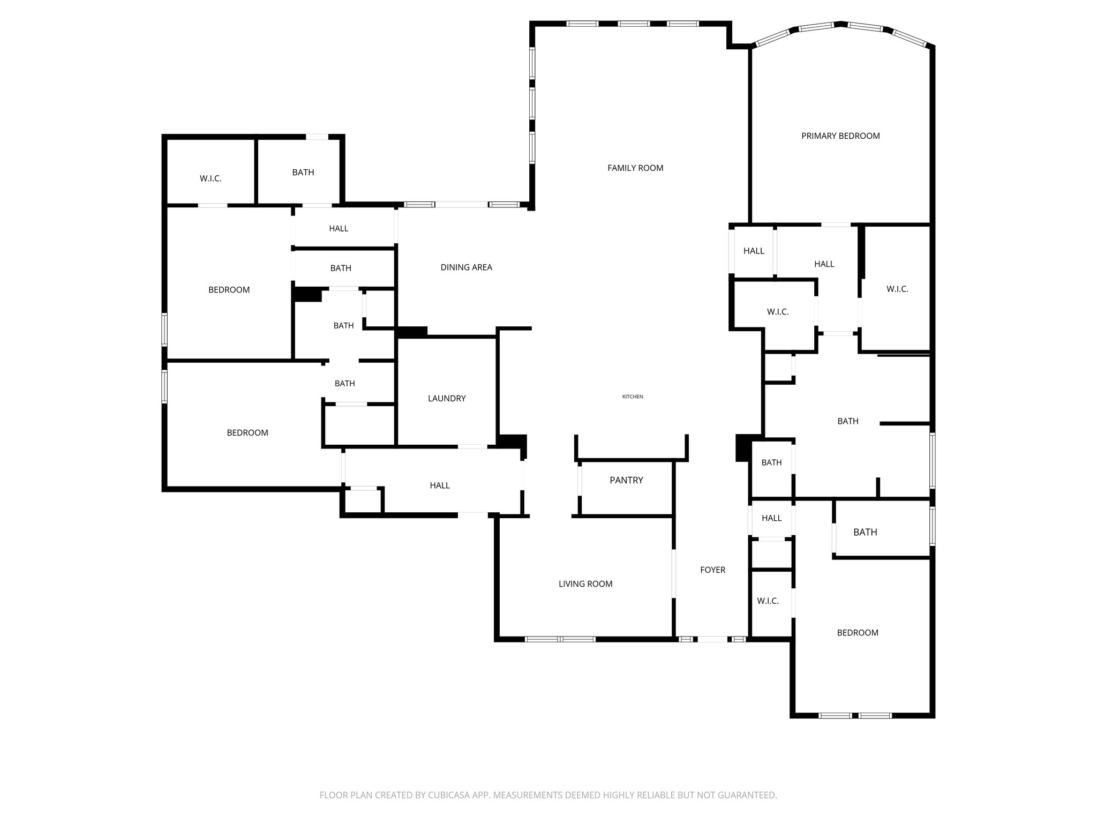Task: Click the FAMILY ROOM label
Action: (x=635, y=168)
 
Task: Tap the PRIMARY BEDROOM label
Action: (x=840, y=136)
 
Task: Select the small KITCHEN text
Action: (x=633, y=396)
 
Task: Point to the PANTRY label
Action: (x=626, y=480)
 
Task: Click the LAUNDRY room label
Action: (x=447, y=399)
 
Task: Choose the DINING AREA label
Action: (x=466, y=267)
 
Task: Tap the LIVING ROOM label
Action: (x=585, y=584)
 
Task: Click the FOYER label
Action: (x=712, y=570)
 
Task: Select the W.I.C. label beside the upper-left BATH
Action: (x=211, y=179)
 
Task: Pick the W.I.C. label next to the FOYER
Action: (x=768, y=601)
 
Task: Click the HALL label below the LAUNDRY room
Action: (x=440, y=485)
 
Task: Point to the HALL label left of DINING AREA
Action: (x=339, y=229)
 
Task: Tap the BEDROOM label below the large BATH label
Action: (x=858, y=633)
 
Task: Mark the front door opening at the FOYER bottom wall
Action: (x=712, y=639)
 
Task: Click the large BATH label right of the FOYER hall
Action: (x=865, y=532)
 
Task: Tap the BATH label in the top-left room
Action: (x=303, y=173)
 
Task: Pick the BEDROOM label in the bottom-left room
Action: (x=247, y=433)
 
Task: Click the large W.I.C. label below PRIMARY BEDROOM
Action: (x=897, y=289)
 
